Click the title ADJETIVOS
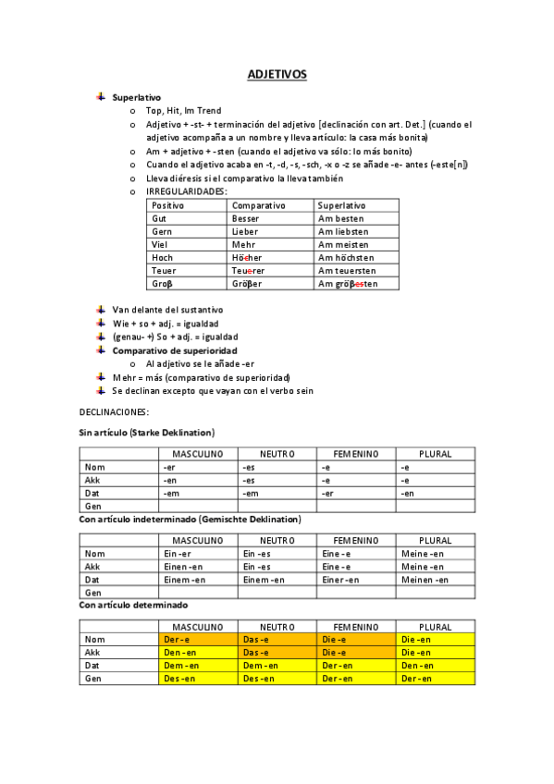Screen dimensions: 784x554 pos(277,74)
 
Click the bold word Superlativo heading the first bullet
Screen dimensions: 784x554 pos(136,97)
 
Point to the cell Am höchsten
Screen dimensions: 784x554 pos(345,257)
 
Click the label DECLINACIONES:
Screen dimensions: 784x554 pos(115,411)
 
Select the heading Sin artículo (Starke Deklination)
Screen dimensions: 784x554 pos(147,433)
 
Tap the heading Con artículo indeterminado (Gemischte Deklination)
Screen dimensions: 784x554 pos(190,520)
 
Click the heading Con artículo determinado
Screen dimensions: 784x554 pos(134,605)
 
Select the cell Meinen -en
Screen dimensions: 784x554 pos(425,580)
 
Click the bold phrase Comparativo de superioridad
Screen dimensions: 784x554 pos(175,351)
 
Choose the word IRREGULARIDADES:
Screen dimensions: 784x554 pos(186,191)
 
